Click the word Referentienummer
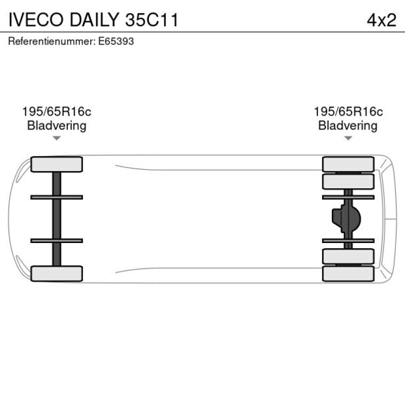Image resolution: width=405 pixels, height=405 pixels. [49, 41]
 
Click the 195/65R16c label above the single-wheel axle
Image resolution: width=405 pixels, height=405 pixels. [57, 112]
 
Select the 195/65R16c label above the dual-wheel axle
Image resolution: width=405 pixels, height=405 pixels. [348, 112]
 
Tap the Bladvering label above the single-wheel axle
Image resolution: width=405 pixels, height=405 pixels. [57, 125]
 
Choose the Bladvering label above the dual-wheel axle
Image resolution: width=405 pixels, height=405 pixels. [348, 125]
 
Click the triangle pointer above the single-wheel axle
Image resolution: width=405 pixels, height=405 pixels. [57, 138]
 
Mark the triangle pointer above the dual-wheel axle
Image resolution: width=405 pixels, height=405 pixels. [348, 138]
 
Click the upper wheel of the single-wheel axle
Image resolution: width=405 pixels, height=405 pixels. [57, 164]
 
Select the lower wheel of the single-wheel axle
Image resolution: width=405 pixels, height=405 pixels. [57, 273]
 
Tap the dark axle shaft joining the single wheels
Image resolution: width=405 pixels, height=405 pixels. [57, 219]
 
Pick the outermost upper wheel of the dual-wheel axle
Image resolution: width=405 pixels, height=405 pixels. [348, 163]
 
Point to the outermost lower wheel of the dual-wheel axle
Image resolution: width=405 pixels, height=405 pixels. [348, 274]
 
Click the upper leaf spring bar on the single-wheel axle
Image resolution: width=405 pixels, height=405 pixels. [57, 197]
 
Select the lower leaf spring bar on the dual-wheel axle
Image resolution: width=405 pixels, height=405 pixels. [348, 241]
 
